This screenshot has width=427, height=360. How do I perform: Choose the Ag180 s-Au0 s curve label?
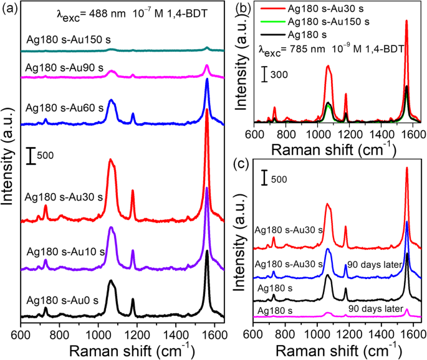(x=60, y=299)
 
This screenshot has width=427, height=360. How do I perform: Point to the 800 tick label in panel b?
(x=286, y=133)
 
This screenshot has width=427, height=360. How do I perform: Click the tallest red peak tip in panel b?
(x=406, y=21)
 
